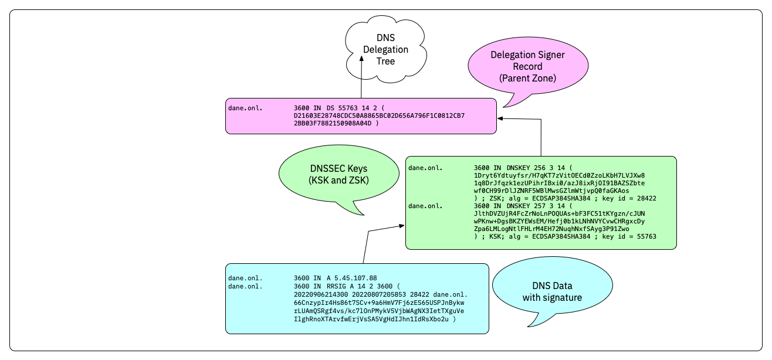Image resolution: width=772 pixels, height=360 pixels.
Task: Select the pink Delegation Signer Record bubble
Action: coord(527,66)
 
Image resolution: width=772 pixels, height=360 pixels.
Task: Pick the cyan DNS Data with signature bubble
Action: coord(552,291)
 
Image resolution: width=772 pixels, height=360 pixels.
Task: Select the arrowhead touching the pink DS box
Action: coord(500,118)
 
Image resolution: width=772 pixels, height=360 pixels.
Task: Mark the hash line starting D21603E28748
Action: coord(379,116)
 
